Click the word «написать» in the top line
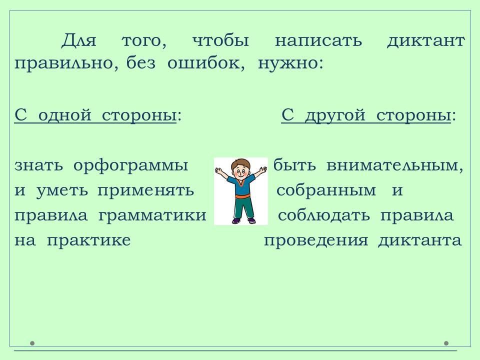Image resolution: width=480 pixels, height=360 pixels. pos(318,41)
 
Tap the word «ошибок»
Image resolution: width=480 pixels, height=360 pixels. pos(205,63)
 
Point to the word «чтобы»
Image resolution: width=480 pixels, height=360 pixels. pos(220,40)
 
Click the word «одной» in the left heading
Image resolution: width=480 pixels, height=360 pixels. pos(65,115)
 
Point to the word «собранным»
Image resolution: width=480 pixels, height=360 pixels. pos(326,190)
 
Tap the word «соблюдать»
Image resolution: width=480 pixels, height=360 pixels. pos(323,215)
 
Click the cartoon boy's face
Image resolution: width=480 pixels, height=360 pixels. pos(239,171)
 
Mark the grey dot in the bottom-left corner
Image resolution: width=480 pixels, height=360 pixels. pos(32,343)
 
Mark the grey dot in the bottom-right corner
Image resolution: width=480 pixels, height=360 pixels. pos(446,343)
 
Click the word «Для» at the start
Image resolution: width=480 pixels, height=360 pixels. pos(78,40)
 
